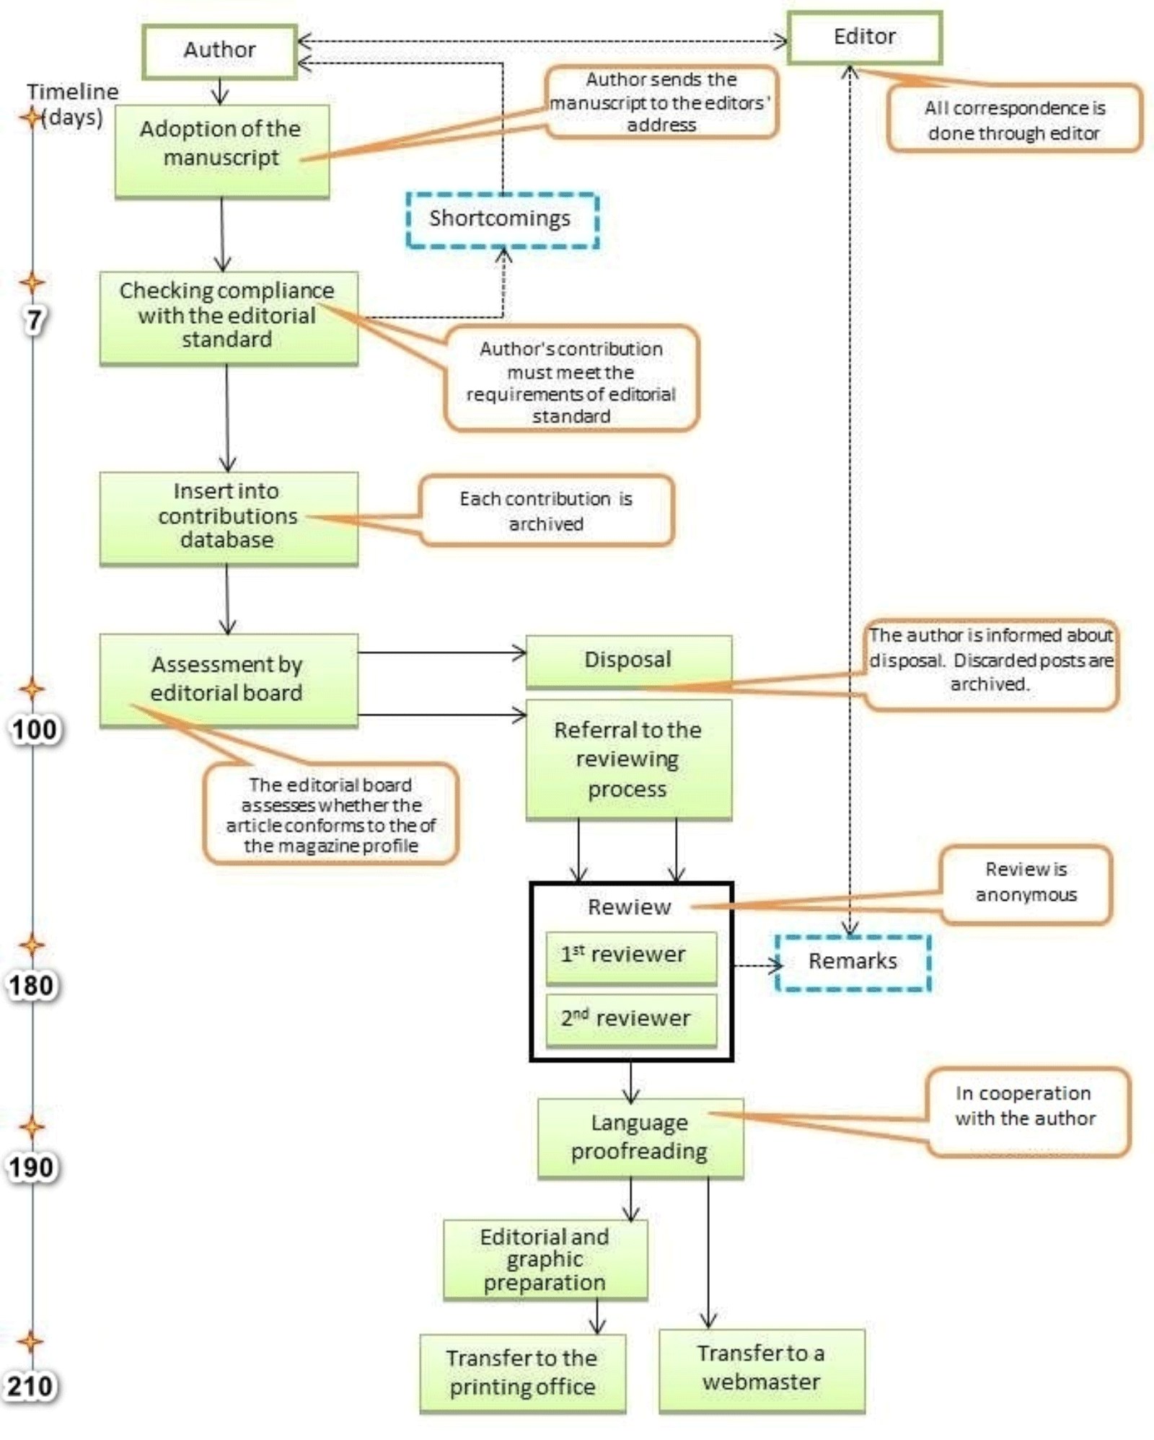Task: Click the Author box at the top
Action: point(219,50)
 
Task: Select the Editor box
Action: point(864,37)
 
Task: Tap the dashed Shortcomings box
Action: point(501,219)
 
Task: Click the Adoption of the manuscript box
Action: point(221,151)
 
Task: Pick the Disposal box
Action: point(628,660)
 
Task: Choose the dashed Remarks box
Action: point(853,962)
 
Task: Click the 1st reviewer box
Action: point(631,956)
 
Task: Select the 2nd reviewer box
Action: point(631,1019)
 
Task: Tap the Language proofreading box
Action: point(640,1137)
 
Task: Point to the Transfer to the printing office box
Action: point(522,1373)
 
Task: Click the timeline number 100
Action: point(34,730)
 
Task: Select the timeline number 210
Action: point(30,1386)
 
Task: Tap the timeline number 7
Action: point(34,319)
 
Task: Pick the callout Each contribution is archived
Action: point(546,511)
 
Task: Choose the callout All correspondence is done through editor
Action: point(1014,120)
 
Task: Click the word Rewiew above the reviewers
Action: point(629,906)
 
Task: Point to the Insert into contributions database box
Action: point(228,516)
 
